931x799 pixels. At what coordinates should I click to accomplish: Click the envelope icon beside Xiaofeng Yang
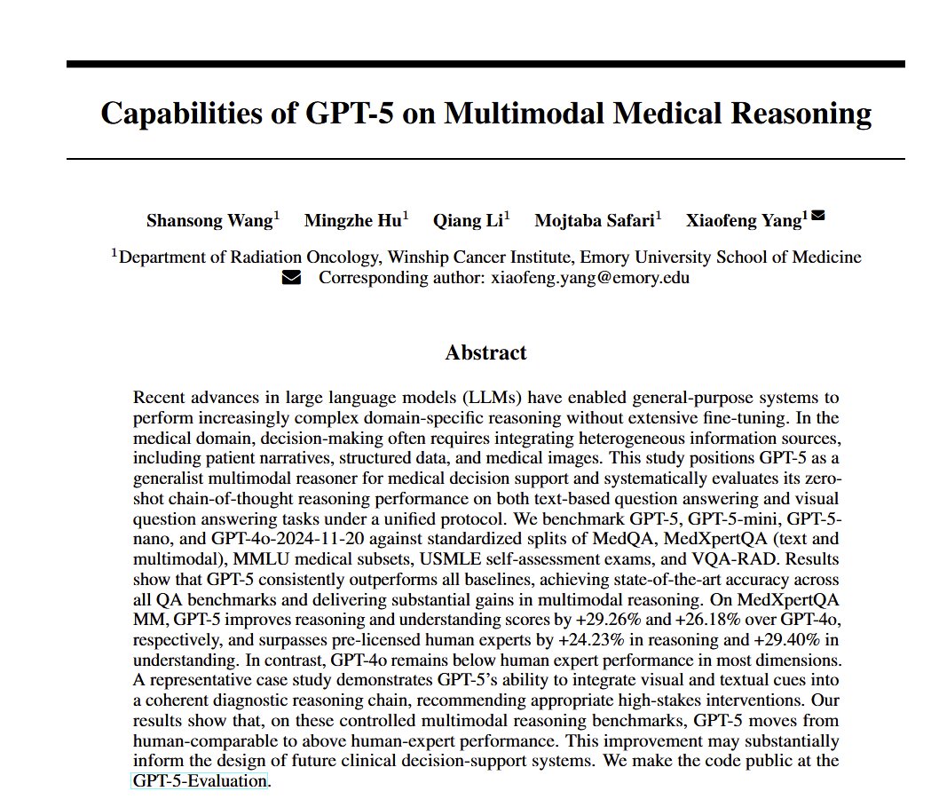(x=818, y=215)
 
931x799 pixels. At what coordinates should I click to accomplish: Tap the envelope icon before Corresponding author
(x=291, y=277)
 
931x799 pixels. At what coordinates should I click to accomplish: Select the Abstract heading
(x=485, y=352)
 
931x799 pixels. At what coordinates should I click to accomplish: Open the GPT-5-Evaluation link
(x=200, y=781)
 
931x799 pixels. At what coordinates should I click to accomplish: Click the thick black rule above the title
(x=485, y=64)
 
